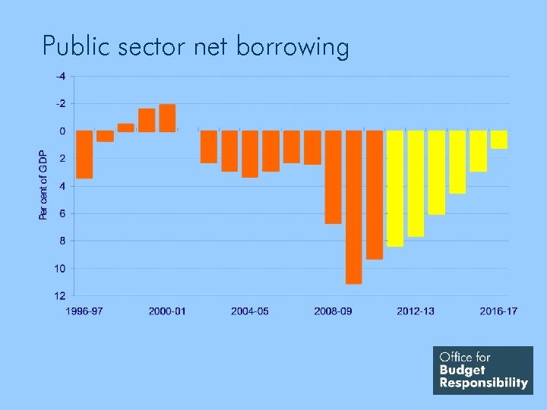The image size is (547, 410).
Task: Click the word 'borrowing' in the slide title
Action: tap(292, 47)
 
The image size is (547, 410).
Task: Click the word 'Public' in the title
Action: tap(71, 46)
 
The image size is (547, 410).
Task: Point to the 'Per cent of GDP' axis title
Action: tap(43, 185)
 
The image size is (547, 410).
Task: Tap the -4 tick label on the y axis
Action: tap(60, 76)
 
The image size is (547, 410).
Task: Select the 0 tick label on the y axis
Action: tap(62, 131)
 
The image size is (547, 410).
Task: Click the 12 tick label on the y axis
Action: tap(60, 295)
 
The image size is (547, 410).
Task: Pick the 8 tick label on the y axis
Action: tap(62, 241)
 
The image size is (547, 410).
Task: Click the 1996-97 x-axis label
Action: tap(84, 311)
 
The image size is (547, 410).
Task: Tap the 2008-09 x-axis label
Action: tap(333, 311)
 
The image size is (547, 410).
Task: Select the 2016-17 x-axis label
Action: tap(498, 311)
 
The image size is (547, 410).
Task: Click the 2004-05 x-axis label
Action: tap(250, 311)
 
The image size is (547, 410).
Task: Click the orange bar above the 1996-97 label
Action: tap(84, 154)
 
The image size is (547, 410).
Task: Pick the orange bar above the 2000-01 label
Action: tap(167, 118)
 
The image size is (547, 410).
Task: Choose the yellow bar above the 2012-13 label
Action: tap(416, 183)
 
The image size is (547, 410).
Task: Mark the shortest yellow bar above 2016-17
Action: tap(498, 140)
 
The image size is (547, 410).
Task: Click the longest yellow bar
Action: tap(395, 188)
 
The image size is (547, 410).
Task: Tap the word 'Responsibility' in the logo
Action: tap(483, 383)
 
